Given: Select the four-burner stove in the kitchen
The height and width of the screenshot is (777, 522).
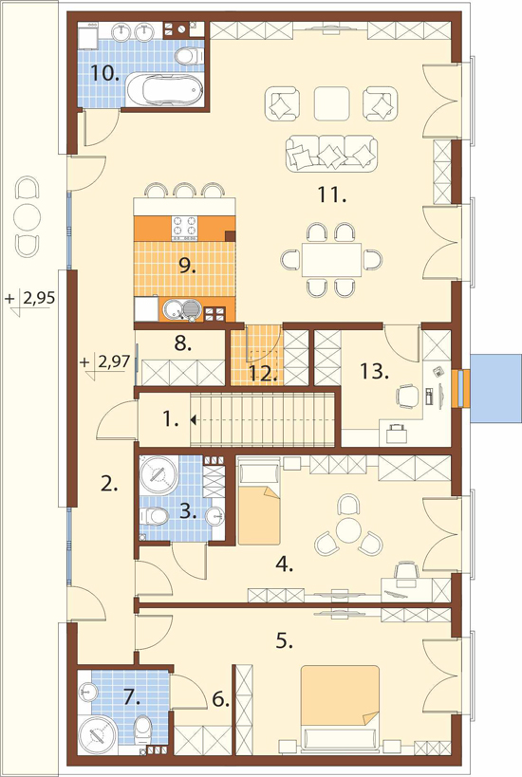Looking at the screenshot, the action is point(184,228).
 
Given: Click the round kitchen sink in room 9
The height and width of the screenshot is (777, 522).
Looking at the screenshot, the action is point(173,308).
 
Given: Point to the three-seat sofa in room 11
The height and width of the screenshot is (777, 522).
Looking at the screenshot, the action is point(331,154).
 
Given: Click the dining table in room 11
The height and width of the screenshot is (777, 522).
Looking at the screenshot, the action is point(331,260).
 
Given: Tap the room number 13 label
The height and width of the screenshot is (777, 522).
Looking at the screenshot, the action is point(374,371).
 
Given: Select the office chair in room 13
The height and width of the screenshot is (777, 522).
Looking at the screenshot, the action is point(407,397).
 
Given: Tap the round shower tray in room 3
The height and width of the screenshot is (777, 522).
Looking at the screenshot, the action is point(159,473).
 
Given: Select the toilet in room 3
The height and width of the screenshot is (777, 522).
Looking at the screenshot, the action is point(154,517).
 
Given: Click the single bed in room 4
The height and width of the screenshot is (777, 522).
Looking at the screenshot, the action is point(259,501).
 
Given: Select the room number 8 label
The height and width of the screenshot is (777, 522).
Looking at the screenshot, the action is point(183,343).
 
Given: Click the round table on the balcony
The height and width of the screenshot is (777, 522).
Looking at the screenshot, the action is point(29,217).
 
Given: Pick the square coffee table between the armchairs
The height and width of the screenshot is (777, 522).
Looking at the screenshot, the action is point(331,103).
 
